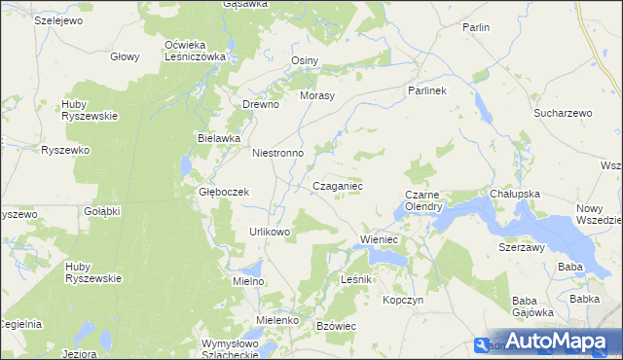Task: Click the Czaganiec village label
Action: coord(338,185)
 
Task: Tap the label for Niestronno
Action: coord(278,153)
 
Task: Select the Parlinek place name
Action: coord(425,90)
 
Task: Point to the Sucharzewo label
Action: coord(563,113)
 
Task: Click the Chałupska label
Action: coord(515,194)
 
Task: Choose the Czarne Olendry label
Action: coord(424,200)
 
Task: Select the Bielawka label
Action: coord(218,138)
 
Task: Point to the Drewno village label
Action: coord(261,104)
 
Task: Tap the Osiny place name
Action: coord(305,60)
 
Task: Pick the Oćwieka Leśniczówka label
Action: coord(195,51)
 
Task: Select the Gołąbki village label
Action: coord(100,210)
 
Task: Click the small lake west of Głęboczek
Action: coord(185,168)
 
